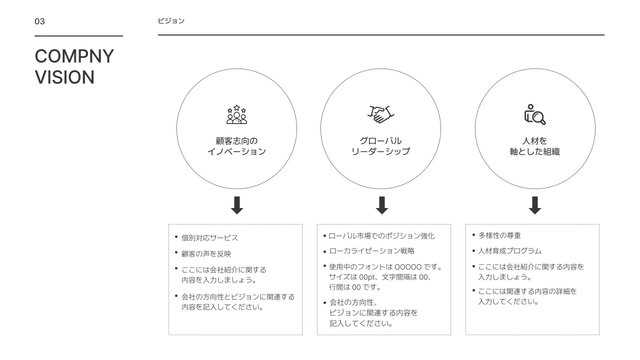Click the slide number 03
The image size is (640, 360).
[39, 21]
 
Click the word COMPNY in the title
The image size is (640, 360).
[74, 56]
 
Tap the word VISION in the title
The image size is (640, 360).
[64, 77]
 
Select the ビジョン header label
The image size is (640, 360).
[171, 21]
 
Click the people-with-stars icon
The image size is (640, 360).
[236, 114]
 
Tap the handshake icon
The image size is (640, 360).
[381, 114]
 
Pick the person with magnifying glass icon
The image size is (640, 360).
[534, 114]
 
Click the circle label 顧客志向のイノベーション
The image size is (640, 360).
[236, 146]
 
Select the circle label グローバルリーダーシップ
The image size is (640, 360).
[380, 146]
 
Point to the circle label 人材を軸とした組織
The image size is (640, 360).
[534, 146]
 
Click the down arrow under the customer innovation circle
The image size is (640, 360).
[237, 205]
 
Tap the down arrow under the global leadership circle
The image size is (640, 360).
[382, 205]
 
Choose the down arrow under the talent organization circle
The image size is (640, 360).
[535, 205]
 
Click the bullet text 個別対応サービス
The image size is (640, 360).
[209, 238]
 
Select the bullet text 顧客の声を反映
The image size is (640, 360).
[206, 254]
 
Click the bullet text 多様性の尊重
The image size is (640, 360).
[499, 235]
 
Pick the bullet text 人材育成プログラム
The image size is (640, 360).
[509, 251]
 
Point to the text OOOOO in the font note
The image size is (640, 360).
[408, 267]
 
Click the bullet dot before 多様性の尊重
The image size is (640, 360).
[473, 234]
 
